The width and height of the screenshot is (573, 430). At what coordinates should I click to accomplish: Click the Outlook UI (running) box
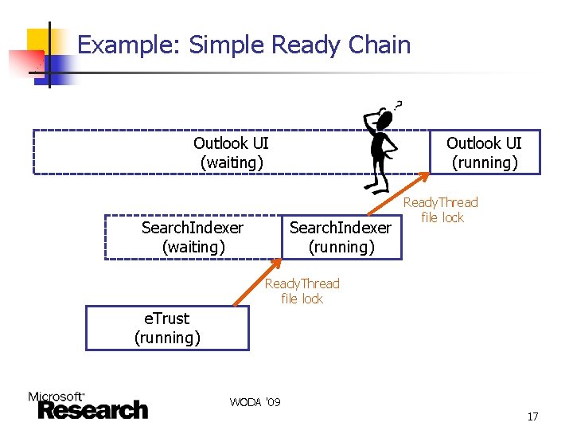[x=484, y=152]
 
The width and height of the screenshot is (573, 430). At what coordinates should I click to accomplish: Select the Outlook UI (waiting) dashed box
[x=231, y=152]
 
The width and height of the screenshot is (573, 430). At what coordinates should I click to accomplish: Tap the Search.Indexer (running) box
[x=341, y=237]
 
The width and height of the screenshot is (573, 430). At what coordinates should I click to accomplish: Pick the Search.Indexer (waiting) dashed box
[x=193, y=237]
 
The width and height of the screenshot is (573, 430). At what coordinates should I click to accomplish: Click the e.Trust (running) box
[x=167, y=328]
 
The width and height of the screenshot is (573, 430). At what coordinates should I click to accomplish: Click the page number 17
[x=532, y=416]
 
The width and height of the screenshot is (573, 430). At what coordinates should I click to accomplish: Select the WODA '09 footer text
[x=255, y=402]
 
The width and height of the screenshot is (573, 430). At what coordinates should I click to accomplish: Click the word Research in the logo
[x=92, y=410]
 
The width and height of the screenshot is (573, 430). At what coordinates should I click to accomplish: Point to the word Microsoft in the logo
[x=56, y=396]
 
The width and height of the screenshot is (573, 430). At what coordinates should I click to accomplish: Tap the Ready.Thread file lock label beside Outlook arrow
[x=442, y=209]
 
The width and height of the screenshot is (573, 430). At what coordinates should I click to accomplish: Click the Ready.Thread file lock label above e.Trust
[x=302, y=291]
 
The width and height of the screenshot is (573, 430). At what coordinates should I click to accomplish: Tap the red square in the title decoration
[x=25, y=62]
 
